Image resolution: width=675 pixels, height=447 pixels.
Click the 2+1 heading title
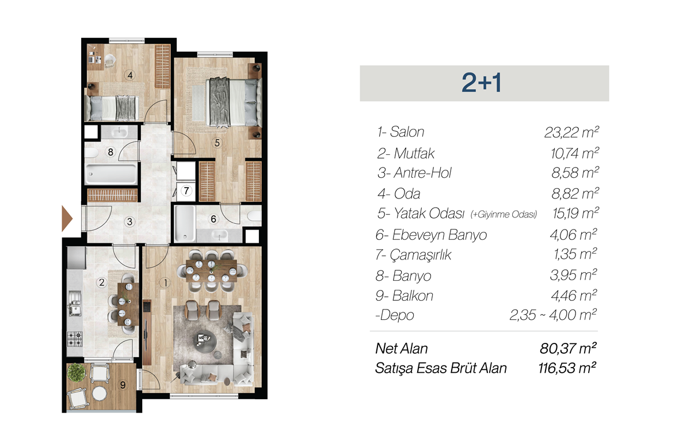481,83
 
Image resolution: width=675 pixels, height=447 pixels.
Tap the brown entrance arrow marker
67,219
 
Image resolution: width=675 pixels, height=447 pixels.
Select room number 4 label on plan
129,75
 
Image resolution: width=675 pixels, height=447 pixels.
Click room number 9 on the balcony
123,385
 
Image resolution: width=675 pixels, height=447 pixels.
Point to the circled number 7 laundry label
186,190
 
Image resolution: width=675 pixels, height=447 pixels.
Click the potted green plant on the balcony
77,372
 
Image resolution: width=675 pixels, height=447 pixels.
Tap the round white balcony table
100,393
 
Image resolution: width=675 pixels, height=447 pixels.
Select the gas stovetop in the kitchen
75,339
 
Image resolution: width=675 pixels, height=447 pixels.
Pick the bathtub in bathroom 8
111,174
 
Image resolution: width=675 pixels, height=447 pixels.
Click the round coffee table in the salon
204,341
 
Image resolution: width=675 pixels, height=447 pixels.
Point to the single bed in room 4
113,108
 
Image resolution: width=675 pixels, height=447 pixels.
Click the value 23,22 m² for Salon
571,132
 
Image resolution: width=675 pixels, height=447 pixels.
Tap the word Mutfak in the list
414,153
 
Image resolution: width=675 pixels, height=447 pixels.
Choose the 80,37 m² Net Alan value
568,348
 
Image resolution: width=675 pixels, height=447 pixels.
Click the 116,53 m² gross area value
567,368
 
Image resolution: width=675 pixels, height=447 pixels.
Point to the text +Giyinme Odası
504,214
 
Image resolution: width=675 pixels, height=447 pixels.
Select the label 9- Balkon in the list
404,296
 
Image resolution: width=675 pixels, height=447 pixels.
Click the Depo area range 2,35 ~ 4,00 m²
553,315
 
